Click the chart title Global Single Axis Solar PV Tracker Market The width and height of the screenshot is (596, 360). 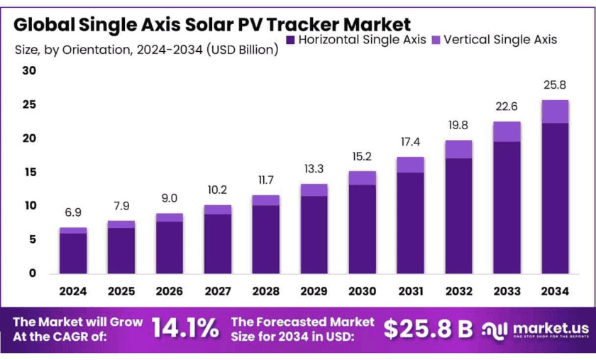click(x=212, y=25)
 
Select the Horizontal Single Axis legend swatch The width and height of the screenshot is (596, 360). click(x=289, y=40)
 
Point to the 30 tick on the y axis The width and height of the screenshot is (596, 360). click(x=29, y=71)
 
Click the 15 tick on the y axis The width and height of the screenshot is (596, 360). click(x=29, y=173)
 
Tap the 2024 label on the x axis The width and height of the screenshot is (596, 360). click(x=73, y=291)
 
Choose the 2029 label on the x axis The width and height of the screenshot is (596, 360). click(x=314, y=291)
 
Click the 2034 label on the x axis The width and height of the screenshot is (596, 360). click(x=555, y=291)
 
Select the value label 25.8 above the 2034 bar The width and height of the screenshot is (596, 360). click(x=555, y=86)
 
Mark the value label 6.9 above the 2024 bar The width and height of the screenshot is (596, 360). click(x=73, y=213)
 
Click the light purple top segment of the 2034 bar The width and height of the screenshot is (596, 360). click(x=555, y=111)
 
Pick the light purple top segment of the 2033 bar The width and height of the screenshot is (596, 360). click(x=507, y=131)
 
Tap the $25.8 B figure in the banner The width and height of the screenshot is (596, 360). click(x=428, y=328)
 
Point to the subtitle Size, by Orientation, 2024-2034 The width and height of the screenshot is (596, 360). click(x=146, y=50)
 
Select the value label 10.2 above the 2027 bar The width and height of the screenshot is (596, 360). click(x=218, y=190)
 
